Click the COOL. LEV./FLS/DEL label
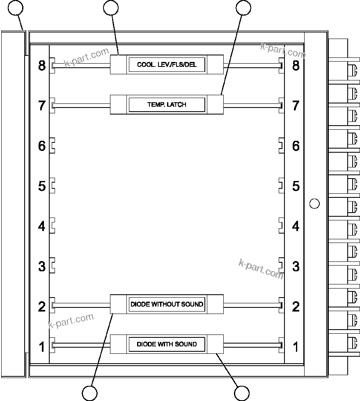[167, 65]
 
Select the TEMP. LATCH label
[167, 105]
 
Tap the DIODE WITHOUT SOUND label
[167, 304]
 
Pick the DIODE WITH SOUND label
[167, 344]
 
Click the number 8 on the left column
[42, 65]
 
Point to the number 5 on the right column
[296, 186]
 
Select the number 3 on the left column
[42, 266]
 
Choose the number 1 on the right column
[296, 347]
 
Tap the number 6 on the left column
[42, 146]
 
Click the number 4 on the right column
[296, 226]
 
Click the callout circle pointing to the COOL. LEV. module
[111, 7]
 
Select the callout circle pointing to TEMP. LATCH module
[243, 7]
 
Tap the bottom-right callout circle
[242, 393]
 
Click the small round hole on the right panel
[314, 203]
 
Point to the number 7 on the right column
[296, 105]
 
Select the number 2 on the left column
[42, 307]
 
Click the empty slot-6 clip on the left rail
[53, 146]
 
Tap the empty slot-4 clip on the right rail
[282, 226]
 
